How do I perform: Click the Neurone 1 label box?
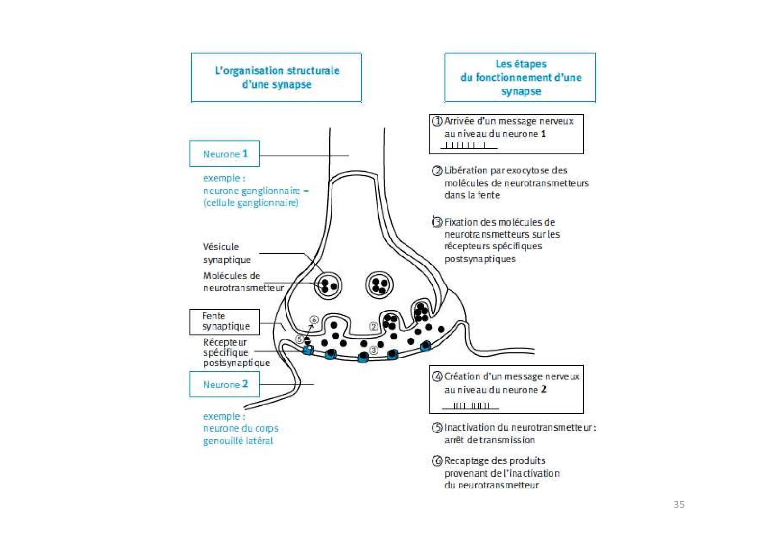click(224, 154)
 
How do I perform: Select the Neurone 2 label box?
click(224, 384)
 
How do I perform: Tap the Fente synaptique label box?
click(224, 322)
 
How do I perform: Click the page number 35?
click(679, 504)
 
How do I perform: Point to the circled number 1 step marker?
click(437, 121)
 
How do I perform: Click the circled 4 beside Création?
click(437, 376)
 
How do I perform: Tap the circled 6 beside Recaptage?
click(437, 461)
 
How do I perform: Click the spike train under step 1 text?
click(469, 145)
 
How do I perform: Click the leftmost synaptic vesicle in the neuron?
click(328, 285)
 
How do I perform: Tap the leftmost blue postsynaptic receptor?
click(308, 350)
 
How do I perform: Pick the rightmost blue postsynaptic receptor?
click(426, 346)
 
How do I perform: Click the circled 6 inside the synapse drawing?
click(314, 320)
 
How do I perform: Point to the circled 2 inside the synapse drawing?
click(374, 326)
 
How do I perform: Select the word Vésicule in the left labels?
click(221, 247)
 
